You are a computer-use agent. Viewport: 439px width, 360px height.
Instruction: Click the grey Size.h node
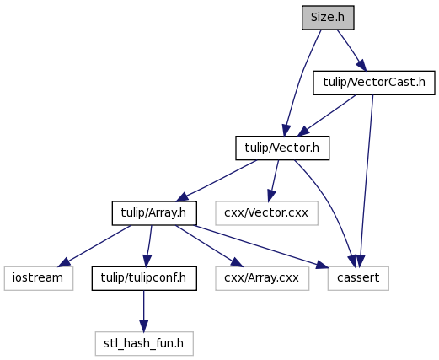click(328, 18)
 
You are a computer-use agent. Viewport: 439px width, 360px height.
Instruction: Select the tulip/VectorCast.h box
click(374, 83)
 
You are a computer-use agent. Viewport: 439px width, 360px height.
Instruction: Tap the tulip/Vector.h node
click(282, 148)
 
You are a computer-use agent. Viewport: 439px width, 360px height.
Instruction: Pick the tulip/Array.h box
click(154, 213)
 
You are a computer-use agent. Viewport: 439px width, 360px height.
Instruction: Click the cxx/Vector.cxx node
click(266, 213)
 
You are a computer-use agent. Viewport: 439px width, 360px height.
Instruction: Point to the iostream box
click(39, 278)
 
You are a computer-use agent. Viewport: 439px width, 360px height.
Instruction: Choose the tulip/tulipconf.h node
click(144, 278)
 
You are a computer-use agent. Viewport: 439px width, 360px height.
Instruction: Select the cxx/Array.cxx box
click(262, 278)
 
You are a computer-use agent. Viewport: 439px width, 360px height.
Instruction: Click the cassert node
click(358, 278)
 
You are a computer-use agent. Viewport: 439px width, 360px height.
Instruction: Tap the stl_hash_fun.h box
click(144, 343)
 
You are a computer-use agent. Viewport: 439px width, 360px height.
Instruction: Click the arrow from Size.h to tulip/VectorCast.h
click(351, 50)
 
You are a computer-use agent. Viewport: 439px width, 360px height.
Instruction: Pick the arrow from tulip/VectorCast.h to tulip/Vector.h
click(327, 116)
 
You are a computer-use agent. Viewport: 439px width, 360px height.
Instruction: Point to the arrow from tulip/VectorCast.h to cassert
click(367, 180)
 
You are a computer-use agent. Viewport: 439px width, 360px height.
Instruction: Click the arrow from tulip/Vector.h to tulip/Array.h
click(217, 180)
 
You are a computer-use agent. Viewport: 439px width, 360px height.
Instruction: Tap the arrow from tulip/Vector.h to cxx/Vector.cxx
click(274, 180)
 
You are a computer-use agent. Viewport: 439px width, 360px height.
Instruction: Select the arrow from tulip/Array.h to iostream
click(94, 246)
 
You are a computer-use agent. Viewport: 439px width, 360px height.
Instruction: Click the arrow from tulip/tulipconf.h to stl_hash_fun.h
click(144, 311)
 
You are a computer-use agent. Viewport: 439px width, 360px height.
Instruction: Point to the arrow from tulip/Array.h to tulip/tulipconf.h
click(148, 246)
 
